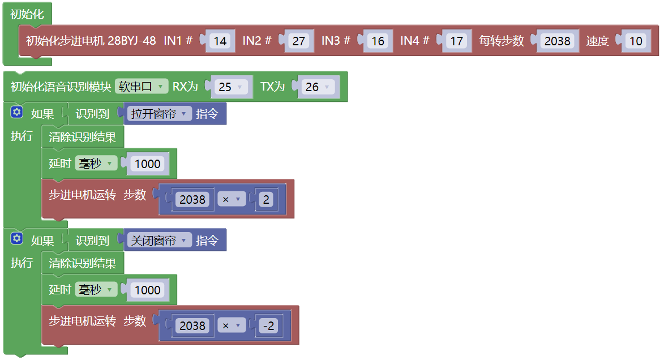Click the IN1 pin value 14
point(220,41)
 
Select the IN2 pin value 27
point(299,41)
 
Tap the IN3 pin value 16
point(378,41)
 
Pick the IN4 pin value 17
point(456,41)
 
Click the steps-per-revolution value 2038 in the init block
point(557,41)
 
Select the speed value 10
point(636,41)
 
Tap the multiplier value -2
point(269,325)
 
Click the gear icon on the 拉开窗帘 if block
point(16,112)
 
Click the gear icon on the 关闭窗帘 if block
point(16,238)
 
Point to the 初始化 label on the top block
point(27,14)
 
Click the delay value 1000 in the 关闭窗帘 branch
point(147,290)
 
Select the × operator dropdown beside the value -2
point(232,325)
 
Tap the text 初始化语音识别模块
point(61,87)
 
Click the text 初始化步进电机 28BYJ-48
point(91,41)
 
